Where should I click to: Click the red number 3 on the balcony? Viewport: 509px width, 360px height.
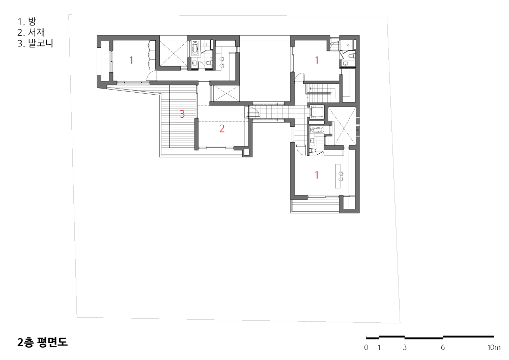tap(182, 114)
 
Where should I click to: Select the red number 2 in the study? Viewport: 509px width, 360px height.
tap(222, 128)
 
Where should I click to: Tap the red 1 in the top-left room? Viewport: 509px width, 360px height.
tap(131, 60)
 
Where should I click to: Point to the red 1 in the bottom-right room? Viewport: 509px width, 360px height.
tap(317, 175)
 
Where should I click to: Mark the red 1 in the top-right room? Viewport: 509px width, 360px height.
tap(317, 60)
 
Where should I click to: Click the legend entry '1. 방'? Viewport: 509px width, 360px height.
tap(27, 21)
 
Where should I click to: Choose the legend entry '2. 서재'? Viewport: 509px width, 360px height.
tap(31, 32)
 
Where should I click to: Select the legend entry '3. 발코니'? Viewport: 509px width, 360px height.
tap(36, 43)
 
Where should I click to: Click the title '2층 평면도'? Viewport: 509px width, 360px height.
tap(43, 342)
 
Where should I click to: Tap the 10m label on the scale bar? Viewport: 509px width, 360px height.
tap(494, 347)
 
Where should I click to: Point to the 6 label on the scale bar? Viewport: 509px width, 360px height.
tap(443, 347)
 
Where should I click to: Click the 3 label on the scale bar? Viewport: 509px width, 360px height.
tap(405, 347)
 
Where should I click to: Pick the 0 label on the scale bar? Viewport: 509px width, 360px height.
tap(366, 347)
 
